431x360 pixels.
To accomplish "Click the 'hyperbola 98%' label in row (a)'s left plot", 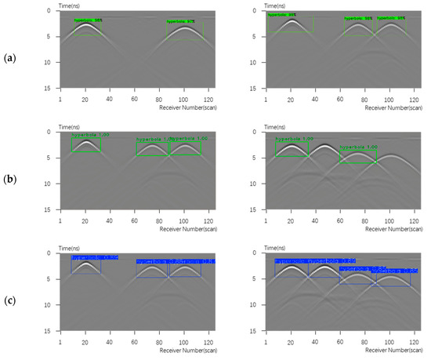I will tap(88, 20).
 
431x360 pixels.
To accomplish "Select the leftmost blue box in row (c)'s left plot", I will tap(85, 265).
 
